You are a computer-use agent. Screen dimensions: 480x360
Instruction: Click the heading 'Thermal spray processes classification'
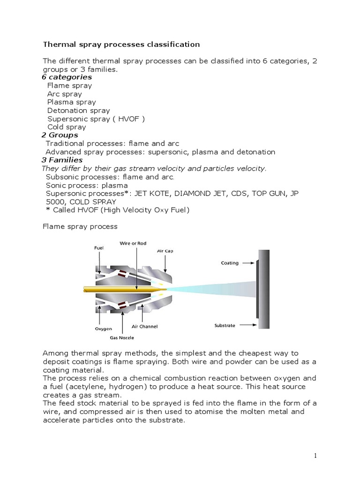pos(121,45)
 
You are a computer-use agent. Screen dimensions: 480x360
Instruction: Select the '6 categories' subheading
pos(67,77)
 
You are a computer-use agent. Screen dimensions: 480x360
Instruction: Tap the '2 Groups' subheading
pos(60,135)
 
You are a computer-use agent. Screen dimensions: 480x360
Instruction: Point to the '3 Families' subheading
pos(62,160)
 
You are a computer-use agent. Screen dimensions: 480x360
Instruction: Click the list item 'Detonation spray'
pos(78,111)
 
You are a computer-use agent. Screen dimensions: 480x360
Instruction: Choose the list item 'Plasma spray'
pos(71,102)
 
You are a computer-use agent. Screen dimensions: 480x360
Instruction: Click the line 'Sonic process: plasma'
pos(87,185)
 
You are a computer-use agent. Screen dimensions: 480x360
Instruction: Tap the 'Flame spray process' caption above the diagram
pos(80,226)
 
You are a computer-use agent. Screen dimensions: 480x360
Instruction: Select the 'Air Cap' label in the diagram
pos(165,251)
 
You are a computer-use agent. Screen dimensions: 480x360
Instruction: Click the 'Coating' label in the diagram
pos(230,263)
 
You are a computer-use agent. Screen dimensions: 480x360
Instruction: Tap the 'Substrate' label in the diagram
pos(225,325)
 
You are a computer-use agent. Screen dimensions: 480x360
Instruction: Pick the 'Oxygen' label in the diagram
pos(104,329)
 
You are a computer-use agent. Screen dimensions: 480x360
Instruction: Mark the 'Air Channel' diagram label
pos(145,326)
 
